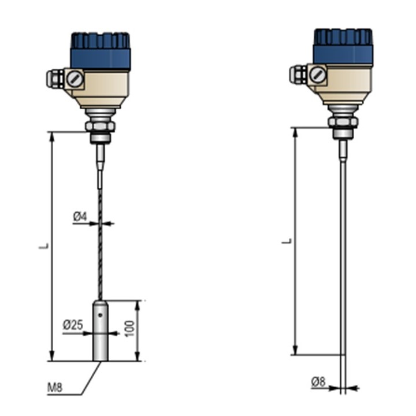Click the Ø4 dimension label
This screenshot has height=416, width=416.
[x=80, y=217]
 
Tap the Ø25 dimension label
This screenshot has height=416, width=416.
[x=73, y=325]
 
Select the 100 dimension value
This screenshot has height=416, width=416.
[x=129, y=329]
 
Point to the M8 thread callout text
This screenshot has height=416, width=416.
[x=55, y=388]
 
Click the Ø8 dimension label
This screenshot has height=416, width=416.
[x=318, y=382]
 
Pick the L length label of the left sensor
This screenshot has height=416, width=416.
[x=44, y=246]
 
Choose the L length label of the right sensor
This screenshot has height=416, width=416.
[x=287, y=241]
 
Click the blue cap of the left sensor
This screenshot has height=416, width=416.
[x=101, y=51]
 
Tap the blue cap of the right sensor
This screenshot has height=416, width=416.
[x=343, y=46]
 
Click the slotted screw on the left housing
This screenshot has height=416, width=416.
[x=75, y=79]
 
